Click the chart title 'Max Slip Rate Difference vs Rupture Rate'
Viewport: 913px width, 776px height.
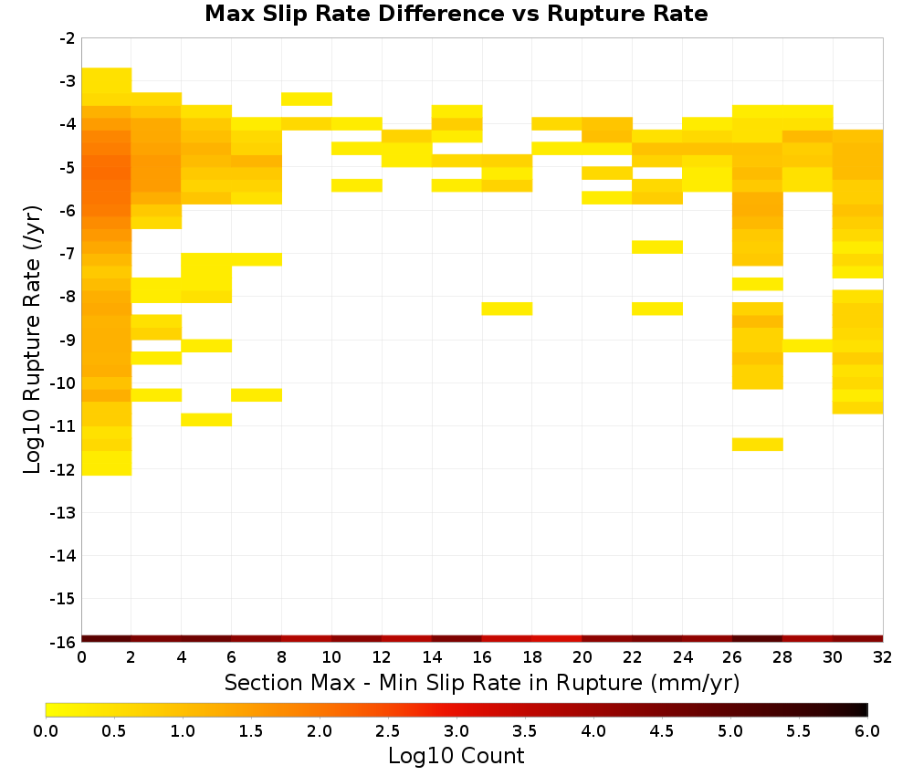click(456, 14)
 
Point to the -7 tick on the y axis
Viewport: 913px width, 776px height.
click(68, 254)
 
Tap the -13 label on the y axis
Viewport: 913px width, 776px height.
click(63, 513)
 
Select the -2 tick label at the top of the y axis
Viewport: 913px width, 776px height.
click(68, 38)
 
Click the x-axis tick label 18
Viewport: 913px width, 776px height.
click(531, 657)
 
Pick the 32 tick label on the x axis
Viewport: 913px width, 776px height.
click(883, 657)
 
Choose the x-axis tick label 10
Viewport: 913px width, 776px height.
click(331, 657)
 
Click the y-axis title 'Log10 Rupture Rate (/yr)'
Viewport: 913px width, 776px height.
click(32, 340)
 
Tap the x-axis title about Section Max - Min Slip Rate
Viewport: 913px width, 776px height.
click(482, 682)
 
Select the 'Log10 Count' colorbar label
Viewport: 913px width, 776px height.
click(456, 756)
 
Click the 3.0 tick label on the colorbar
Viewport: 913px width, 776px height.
click(456, 730)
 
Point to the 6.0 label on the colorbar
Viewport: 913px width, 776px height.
click(867, 730)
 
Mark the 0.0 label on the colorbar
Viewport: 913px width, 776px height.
click(46, 730)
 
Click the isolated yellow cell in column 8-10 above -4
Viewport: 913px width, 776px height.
click(307, 99)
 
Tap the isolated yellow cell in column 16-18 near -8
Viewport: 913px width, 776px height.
click(507, 309)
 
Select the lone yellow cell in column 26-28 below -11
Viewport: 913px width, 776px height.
click(758, 445)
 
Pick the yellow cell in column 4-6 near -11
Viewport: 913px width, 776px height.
click(206, 420)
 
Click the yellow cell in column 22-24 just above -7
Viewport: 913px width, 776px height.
click(657, 246)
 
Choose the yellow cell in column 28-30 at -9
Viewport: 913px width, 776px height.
click(808, 345)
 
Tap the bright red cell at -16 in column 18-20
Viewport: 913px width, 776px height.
click(557, 639)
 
